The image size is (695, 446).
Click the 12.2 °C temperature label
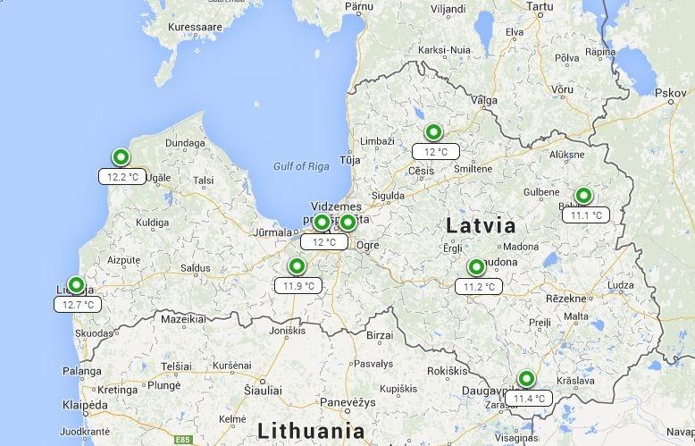123,176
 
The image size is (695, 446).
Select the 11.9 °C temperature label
298,286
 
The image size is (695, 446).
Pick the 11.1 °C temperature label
587,215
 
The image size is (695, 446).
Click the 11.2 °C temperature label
479,287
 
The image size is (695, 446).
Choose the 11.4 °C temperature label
529,399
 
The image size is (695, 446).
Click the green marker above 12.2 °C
120,157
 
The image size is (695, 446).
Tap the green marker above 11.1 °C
583,196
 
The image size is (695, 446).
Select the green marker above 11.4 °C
525,379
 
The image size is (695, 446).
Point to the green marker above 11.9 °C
297,266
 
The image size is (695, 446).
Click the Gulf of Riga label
301,165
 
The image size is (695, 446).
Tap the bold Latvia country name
480,226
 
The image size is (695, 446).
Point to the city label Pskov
670,92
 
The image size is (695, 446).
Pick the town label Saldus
196,267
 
